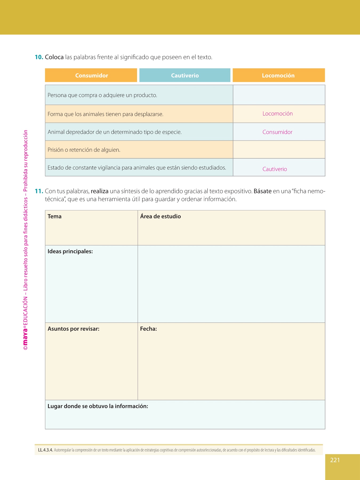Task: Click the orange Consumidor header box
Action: [x=91, y=75]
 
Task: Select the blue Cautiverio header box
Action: [x=185, y=75]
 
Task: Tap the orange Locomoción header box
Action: [x=278, y=75]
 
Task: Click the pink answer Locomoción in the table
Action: [x=278, y=114]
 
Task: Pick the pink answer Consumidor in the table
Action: [x=277, y=132]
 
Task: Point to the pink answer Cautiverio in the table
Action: [x=275, y=169]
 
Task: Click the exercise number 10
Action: [x=39, y=57]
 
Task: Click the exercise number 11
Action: [x=39, y=191]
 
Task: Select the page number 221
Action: [x=335, y=460]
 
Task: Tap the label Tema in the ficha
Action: [x=54, y=217]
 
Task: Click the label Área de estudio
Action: [x=161, y=217]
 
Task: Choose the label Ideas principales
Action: [x=70, y=251]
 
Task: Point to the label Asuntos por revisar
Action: [x=73, y=329]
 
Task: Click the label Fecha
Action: [x=148, y=329]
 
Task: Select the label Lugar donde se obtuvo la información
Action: [x=98, y=406]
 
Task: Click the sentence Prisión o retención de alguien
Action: [x=84, y=150]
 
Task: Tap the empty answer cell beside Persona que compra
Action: [x=279, y=95]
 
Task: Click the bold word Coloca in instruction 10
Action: [x=54, y=57]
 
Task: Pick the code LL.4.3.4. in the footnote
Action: [x=45, y=450]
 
